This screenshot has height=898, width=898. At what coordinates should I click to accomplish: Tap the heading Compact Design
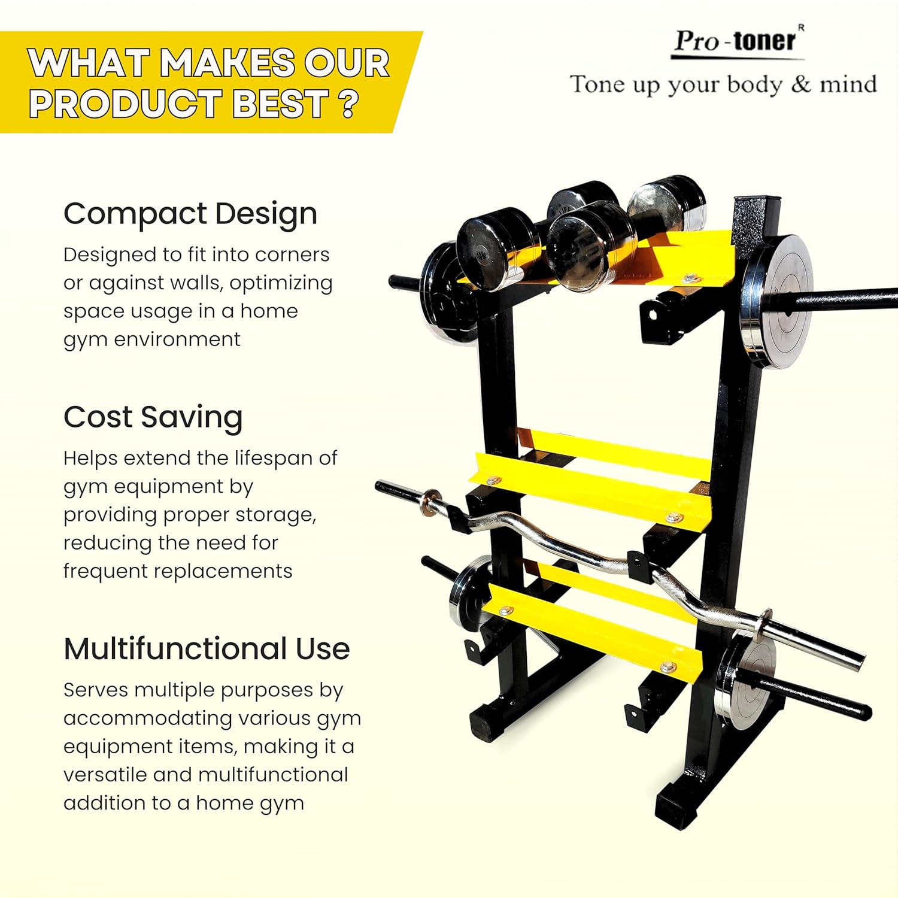190,214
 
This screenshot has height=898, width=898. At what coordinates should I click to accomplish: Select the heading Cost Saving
153,417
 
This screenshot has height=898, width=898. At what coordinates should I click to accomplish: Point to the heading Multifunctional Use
207,648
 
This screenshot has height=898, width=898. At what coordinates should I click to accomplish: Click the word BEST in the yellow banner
281,104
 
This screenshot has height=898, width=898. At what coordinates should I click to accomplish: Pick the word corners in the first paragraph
293,254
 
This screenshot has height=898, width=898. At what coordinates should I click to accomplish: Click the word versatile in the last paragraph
105,775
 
